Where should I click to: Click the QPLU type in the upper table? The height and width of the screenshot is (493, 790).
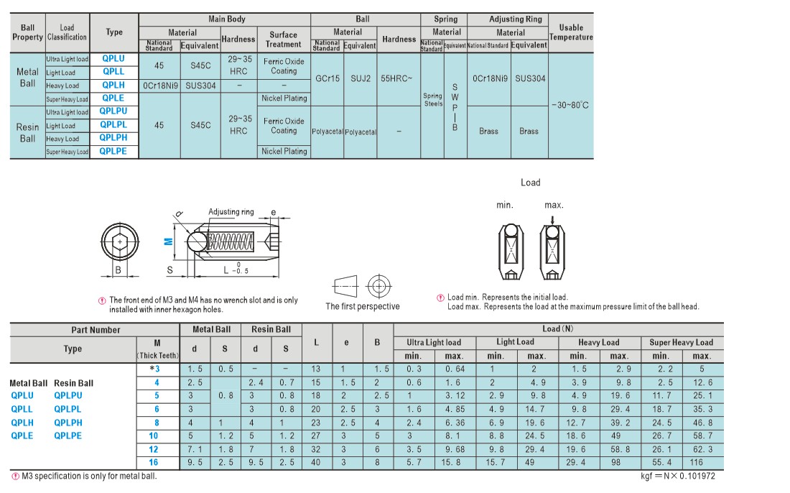113,58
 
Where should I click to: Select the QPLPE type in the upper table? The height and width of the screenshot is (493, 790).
113,151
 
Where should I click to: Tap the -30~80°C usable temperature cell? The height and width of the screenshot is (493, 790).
570,106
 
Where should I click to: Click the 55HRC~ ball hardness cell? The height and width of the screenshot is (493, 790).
396,78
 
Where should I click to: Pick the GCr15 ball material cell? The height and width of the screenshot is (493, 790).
327,78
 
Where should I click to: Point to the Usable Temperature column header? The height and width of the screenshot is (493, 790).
571,32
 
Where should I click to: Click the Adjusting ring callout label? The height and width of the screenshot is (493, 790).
231,212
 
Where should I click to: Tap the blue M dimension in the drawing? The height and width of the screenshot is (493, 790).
169,241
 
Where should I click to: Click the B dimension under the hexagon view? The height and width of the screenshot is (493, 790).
118,270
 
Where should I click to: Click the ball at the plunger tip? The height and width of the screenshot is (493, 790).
197,242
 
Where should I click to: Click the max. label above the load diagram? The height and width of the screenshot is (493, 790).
554,205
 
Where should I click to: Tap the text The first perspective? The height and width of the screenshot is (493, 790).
363,306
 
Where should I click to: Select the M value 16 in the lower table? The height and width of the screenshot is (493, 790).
153,462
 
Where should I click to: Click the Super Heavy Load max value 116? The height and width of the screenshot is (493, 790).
697,462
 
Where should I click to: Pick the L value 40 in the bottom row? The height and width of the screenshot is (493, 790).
316,462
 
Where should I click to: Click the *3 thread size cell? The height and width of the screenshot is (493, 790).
154,369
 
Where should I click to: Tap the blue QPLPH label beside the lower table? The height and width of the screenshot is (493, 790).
68,423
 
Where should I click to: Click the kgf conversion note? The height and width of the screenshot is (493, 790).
678,476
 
